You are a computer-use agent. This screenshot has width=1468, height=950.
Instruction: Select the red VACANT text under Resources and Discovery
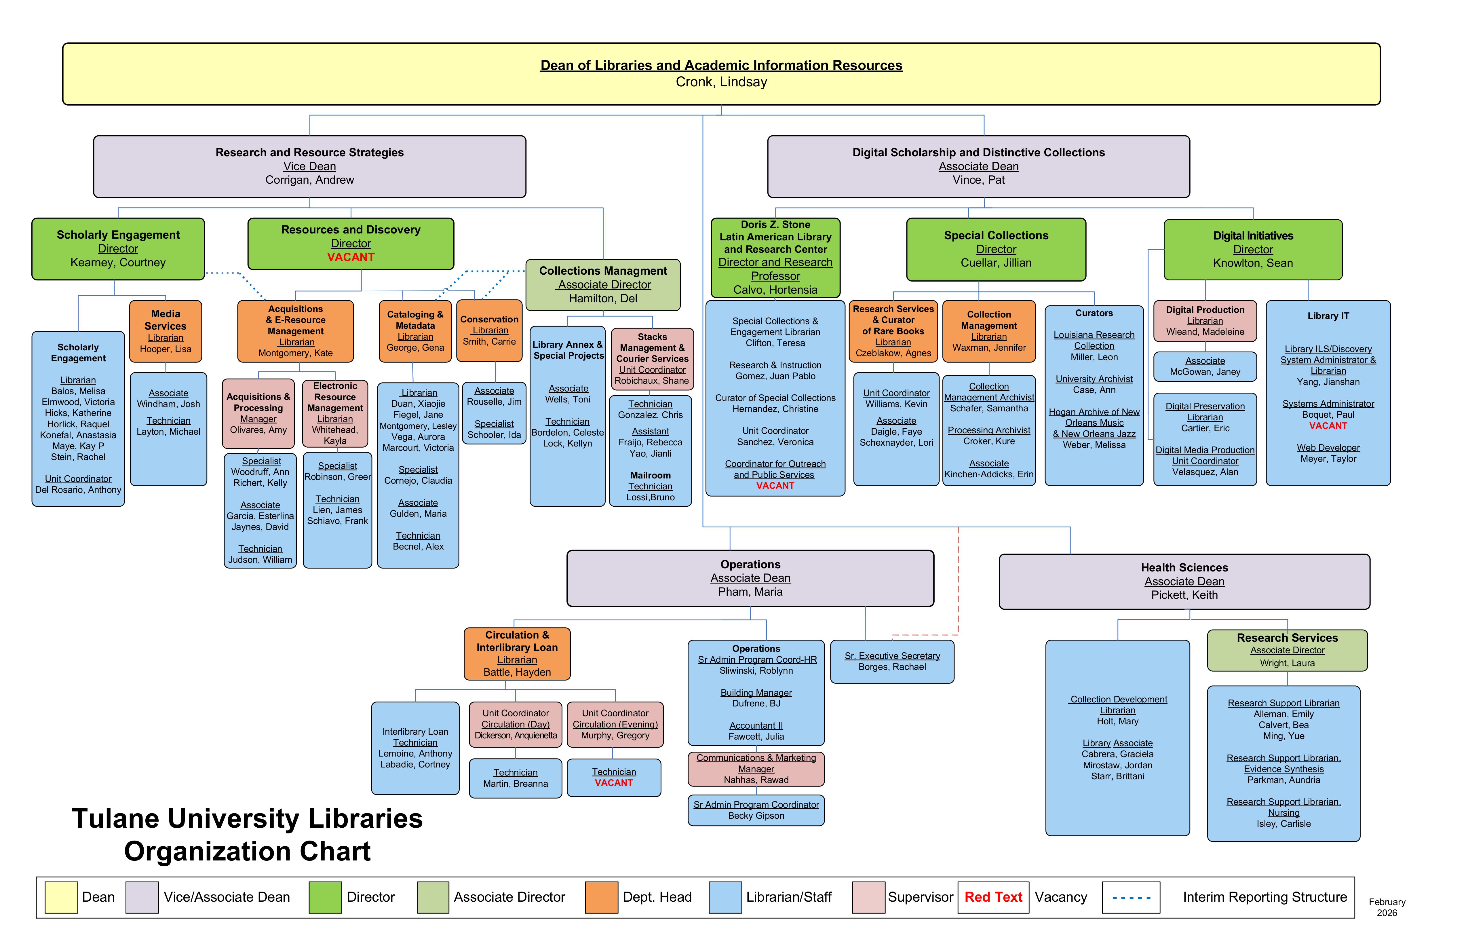[x=350, y=257]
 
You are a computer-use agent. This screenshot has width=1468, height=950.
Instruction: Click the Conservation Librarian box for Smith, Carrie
[x=489, y=331]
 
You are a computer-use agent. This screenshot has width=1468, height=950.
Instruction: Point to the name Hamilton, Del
[x=603, y=299]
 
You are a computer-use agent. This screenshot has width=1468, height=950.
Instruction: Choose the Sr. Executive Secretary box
[x=892, y=661]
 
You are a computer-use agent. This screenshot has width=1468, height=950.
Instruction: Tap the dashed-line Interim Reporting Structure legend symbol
[x=1131, y=898]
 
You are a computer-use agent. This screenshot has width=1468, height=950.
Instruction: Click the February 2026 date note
[x=1387, y=907]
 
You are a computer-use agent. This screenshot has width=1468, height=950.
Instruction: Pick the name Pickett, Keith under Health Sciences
[x=1184, y=595]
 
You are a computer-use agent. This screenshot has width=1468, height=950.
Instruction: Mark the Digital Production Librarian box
[x=1205, y=321]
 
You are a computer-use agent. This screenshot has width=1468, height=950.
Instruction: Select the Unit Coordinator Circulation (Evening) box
[x=615, y=724]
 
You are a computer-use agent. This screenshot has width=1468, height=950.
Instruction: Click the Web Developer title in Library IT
[x=1327, y=448]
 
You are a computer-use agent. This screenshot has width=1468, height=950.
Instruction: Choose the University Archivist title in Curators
[x=1094, y=379]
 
